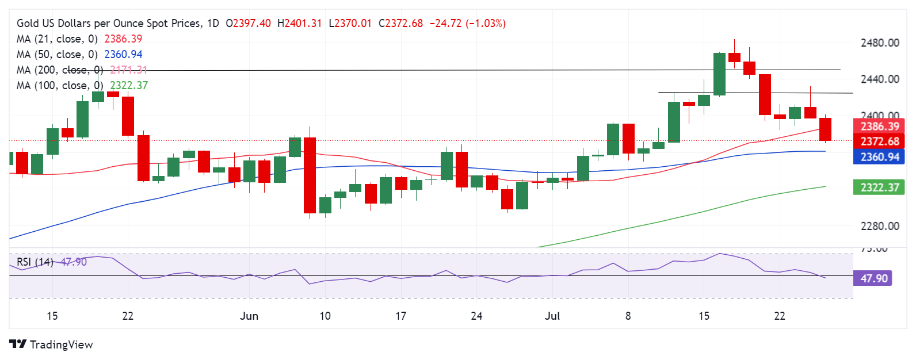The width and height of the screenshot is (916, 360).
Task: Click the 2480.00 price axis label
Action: pyautogui.click(x=879, y=43)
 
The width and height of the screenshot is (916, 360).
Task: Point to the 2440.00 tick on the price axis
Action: pyautogui.click(x=879, y=79)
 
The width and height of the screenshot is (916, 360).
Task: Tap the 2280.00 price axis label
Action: pyautogui.click(x=879, y=226)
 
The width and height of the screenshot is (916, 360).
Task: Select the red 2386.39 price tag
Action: pyautogui.click(x=879, y=127)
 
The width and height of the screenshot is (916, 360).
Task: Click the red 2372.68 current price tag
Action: pyautogui.click(x=879, y=141)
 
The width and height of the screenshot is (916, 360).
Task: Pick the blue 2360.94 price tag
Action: pyautogui.click(x=879, y=157)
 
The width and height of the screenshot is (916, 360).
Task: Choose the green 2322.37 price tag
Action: pyautogui.click(x=879, y=187)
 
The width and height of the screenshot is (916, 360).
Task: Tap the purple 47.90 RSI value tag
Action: pyautogui.click(x=873, y=278)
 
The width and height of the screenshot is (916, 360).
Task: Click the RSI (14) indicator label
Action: pyautogui.click(x=35, y=262)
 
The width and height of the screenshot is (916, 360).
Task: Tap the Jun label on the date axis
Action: pyautogui.click(x=249, y=316)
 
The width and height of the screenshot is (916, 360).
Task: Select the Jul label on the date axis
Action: pyautogui.click(x=552, y=316)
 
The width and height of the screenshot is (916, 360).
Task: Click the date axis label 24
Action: pyautogui.click(x=476, y=316)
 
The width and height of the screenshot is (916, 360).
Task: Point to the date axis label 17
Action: pyautogui.click(x=400, y=316)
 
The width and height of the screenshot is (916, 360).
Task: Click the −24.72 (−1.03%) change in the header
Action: pyautogui.click(x=468, y=24)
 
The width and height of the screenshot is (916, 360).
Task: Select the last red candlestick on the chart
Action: pyautogui.click(x=825, y=129)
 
